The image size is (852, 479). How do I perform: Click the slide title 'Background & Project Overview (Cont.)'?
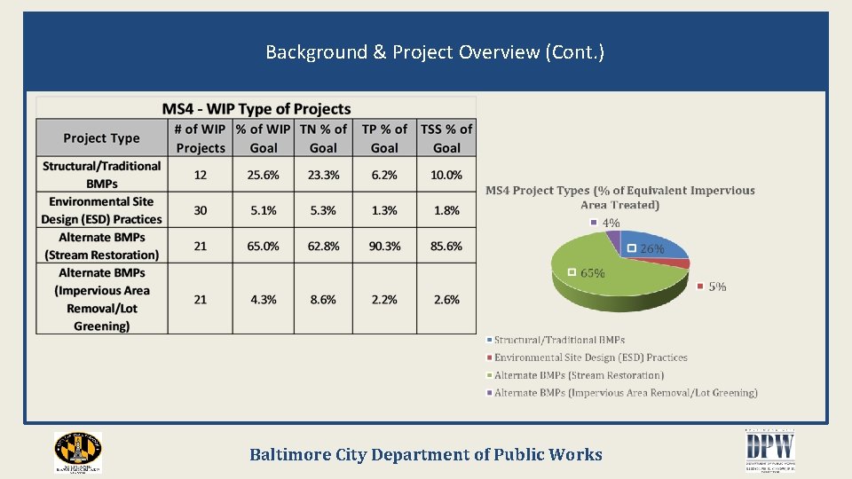pyautogui.click(x=435, y=52)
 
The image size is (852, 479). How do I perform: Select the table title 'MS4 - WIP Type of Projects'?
pyautogui.click(x=256, y=109)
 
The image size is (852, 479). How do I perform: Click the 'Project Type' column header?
pyautogui.click(x=101, y=138)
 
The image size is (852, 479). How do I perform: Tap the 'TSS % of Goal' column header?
pyautogui.click(x=446, y=138)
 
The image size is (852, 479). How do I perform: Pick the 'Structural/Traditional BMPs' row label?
pyautogui.click(x=101, y=175)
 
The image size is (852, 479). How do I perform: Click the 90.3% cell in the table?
pyautogui.click(x=384, y=246)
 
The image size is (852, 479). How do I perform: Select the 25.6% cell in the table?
pyautogui.click(x=263, y=175)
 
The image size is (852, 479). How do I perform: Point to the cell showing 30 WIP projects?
pyautogui.click(x=200, y=210)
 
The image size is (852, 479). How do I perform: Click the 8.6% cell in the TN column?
pyautogui.click(x=323, y=300)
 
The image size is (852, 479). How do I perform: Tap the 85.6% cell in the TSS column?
pyautogui.click(x=446, y=246)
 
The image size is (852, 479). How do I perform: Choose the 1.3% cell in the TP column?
pyautogui.click(x=384, y=210)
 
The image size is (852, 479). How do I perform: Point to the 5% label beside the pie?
pyautogui.click(x=717, y=287)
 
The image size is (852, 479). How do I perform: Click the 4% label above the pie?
pyautogui.click(x=611, y=223)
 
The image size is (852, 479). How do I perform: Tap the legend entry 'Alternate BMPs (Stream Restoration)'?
pyautogui.click(x=579, y=375)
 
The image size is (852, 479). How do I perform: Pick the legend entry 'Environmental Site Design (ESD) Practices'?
pyautogui.click(x=590, y=357)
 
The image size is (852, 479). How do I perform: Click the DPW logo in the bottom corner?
pyautogui.click(x=769, y=452)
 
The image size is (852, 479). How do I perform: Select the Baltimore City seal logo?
pyautogui.click(x=78, y=452)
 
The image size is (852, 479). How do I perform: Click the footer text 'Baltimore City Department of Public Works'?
pyautogui.click(x=426, y=455)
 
